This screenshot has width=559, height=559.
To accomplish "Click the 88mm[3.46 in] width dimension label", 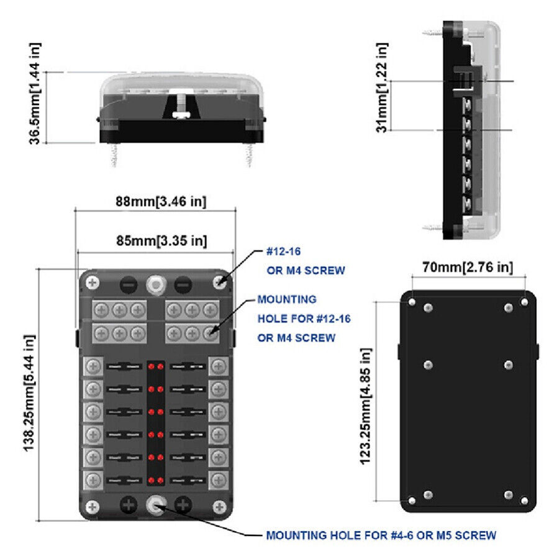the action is click(161, 201).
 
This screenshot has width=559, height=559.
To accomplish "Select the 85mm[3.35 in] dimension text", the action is click(161, 240).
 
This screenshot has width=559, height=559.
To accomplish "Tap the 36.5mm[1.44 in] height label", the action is click(35, 94).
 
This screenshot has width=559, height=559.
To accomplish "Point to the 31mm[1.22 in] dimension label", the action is click(382, 88).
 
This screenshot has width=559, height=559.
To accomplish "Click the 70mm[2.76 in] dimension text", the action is click(468, 267).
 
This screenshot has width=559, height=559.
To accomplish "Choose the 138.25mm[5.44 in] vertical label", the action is click(29, 393).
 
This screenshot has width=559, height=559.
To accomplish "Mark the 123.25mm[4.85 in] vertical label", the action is click(366, 406).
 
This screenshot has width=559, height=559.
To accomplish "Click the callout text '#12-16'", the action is click(283, 252).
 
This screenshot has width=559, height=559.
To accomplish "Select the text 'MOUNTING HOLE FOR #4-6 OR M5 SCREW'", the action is click(381, 535).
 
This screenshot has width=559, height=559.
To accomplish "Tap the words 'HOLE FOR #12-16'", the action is click(304, 319).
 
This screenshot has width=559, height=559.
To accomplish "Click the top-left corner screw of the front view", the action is click(93, 283).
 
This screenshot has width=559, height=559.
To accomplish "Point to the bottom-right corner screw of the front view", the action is click(219, 507).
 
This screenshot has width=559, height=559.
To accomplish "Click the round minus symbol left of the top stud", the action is click(129, 285).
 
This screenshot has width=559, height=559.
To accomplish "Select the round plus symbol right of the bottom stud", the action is click(183, 505).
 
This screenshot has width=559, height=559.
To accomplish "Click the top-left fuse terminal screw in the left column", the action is click(93, 366).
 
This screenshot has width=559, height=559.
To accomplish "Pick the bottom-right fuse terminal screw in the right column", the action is click(219, 480).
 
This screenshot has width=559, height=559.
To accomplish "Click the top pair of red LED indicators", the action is click(156, 366).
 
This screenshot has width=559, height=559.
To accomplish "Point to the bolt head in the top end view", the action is click(182, 115).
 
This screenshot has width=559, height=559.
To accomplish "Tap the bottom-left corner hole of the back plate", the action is click(412, 501).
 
